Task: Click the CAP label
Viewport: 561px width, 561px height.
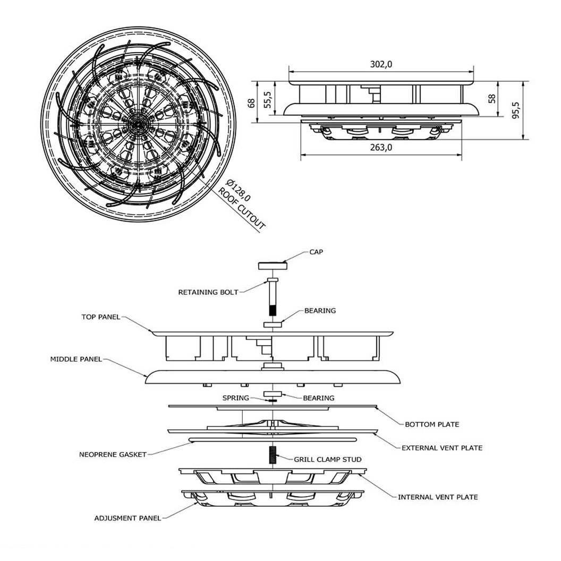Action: [317, 252]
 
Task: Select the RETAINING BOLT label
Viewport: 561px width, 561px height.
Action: [208, 292]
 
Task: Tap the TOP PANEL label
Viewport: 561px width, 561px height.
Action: [101, 317]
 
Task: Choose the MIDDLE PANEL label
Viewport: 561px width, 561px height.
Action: [76, 359]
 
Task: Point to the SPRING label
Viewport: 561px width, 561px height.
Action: [235, 398]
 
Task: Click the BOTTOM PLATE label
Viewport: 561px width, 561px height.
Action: [432, 424]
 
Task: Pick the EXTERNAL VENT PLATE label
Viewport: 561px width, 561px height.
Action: [442, 448]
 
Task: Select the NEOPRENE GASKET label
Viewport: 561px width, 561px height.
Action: [113, 455]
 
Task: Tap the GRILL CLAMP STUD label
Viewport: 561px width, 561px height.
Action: [328, 459]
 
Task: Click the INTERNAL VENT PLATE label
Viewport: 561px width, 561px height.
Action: [438, 497]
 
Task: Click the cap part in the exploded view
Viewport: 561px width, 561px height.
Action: [272, 265]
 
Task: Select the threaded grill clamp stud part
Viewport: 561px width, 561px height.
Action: [273, 454]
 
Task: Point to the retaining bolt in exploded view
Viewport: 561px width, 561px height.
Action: [272, 296]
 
